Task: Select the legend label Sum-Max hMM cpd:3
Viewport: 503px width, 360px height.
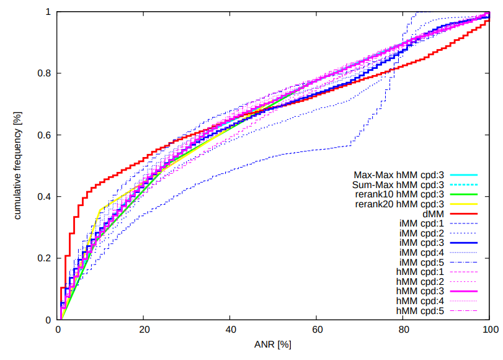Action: pos(398,184)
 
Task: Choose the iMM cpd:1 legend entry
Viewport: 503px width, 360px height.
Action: pos(420,223)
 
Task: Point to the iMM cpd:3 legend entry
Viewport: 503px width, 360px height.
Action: pos(420,242)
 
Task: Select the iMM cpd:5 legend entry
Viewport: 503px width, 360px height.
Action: pos(420,261)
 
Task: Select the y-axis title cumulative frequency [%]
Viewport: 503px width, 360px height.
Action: pos(18,166)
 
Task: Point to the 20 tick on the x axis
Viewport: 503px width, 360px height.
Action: pos(144,330)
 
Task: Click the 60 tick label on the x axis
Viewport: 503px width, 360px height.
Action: pos(317,330)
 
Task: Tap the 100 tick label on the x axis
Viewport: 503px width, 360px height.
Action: pos(489,330)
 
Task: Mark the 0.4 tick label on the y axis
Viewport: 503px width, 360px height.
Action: pos(44,197)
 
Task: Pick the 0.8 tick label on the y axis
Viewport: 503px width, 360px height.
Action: pos(44,73)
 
